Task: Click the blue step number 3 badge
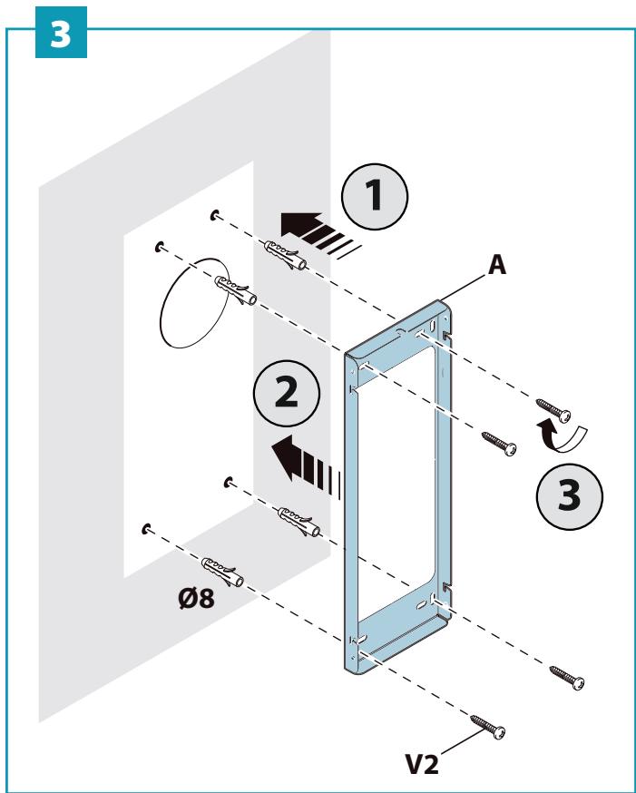[x=61, y=33]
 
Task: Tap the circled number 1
[x=375, y=197]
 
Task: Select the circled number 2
[x=287, y=393]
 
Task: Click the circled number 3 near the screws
[x=569, y=496]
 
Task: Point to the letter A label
[x=497, y=265]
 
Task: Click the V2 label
[x=422, y=764]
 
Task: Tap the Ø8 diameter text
[x=196, y=599]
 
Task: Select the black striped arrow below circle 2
[x=306, y=465]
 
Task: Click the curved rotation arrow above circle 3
[x=562, y=437]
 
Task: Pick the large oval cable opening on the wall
[x=193, y=303]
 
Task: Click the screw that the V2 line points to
[x=487, y=727]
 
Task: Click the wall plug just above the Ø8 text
[x=222, y=572]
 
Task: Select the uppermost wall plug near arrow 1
[x=285, y=255]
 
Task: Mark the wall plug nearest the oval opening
[x=236, y=290]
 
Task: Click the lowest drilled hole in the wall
[x=147, y=529]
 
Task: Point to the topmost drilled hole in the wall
[x=215, y=215]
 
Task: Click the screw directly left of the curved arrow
[x=498, y=444]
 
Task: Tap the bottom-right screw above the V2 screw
[x=567, y=678]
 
